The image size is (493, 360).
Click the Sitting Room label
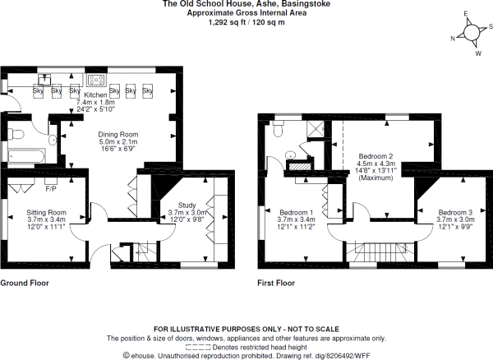pyautogui.click(x=46, y=213)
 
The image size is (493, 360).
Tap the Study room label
pyautogui.click(x=187, y=205)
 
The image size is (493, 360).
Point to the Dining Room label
pyautogui.click(x=117, y=134)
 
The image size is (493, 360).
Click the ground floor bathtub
pyautogui.click(x=27, y=156)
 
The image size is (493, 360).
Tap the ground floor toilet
pyautogui.click(x=16, y=135)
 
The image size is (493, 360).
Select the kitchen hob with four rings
pyautogui.click(x=97, y=80)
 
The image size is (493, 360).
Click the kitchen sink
pyautogui.click(x=44, y=80)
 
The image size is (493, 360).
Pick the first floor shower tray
pyautogui.click(x=316, y=129)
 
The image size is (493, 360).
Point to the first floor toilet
pyautogui.click(x=279, y=128)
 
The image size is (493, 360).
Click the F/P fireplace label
pyautogui.click(x=51, y=189)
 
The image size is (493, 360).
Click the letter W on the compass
pyautogui.click(x=478, y=53)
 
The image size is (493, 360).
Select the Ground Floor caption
pyautogui.click(x=25, y=283)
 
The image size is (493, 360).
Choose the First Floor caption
pyautogui.click(x=276, y=283)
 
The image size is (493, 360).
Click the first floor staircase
pyautogui.click(x=382, y=252)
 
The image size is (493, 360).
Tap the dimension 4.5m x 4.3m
pyautogui.click(x=376, y=164)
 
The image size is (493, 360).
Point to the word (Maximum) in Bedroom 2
pyautogui.click(x=376, y=178)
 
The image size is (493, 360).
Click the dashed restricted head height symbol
pyautogui.click(x=198, y=348)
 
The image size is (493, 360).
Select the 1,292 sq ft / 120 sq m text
pyautogui.click(x=246, y=22)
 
